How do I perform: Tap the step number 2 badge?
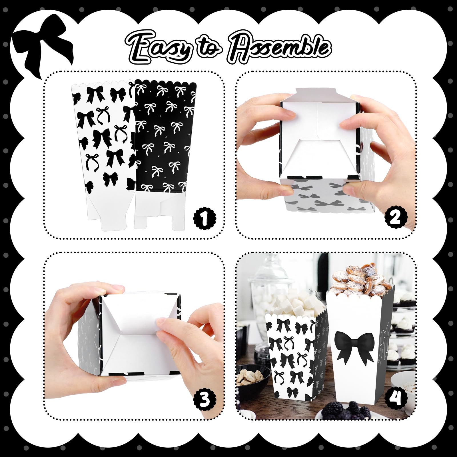396,219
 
